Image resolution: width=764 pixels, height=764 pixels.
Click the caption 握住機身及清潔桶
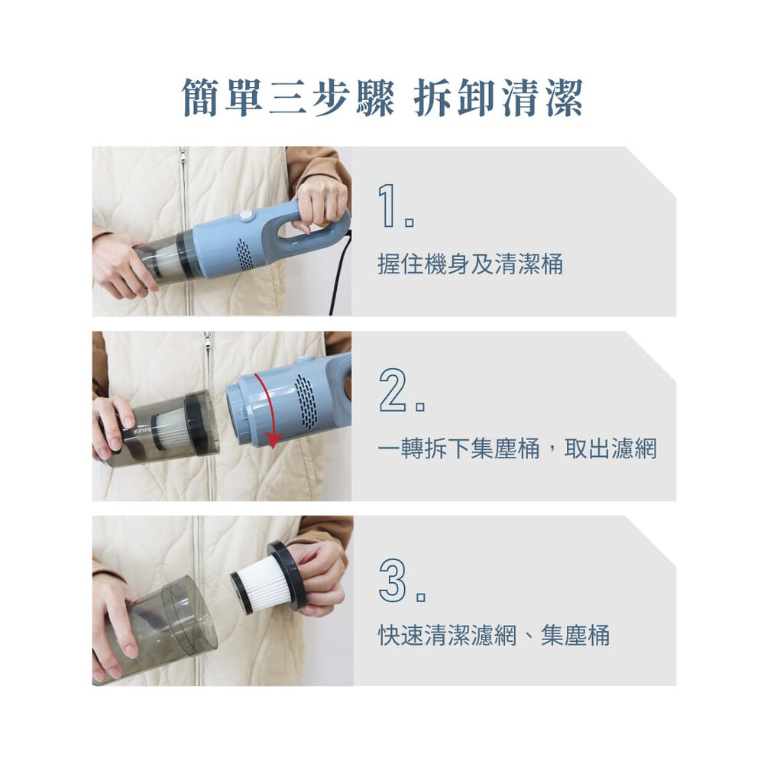point(470,264)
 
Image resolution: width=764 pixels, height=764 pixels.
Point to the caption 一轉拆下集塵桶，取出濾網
point(517,448)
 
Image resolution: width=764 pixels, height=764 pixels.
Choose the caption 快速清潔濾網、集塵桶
point(494,635)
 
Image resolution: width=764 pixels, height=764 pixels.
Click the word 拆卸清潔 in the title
point(498,98)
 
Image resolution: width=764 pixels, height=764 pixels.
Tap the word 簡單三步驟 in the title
point(288,98)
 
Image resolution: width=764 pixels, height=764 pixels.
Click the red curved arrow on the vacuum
point(270,408)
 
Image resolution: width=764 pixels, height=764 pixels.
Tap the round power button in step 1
point(246,216)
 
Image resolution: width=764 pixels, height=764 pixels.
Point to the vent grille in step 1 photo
point(244,254)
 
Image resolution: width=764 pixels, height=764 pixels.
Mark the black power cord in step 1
point(340,273)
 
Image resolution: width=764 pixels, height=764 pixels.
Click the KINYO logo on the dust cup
point(144,432)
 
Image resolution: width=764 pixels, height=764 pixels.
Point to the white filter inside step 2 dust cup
point(170,429)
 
